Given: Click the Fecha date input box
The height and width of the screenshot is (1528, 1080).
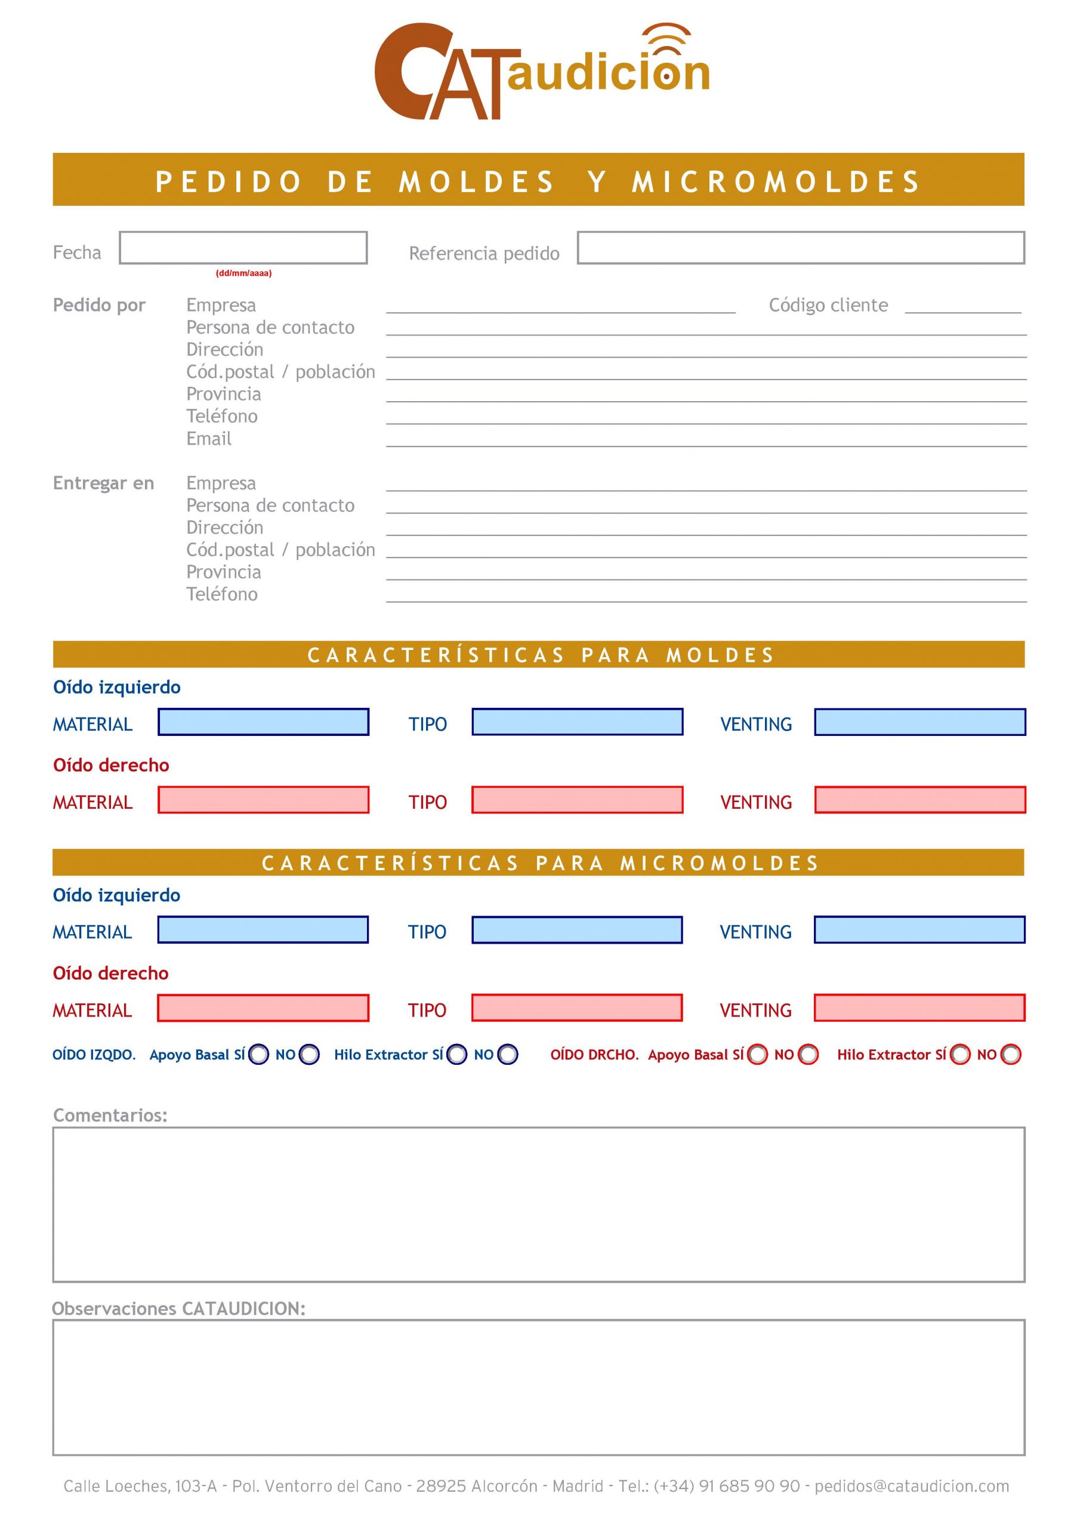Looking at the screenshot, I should pyautogui.click(x=243, y=248).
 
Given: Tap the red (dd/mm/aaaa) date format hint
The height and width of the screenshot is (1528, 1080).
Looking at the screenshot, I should pyautogui.click(x=243, y=273).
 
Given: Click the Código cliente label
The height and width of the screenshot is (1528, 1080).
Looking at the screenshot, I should pyautogui.click(x=828, y=306).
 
